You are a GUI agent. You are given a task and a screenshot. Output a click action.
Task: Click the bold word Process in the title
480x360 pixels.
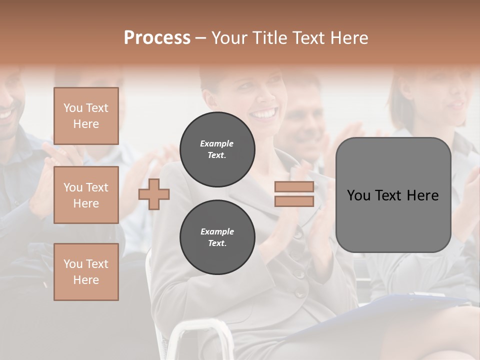pyautogui.click(x=157, y=37)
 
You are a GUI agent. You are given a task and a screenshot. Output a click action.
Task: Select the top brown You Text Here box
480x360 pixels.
pyautogui.click(x=86, y=116)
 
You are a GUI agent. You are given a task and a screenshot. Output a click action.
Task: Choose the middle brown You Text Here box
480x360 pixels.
pyautogui.click(x=86, y=195)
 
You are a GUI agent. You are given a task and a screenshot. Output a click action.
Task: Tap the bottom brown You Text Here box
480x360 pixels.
pyautogui.click(x=86, y=272)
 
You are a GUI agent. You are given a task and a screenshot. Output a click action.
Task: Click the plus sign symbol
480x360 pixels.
pyautogui.click(x=154, y=194)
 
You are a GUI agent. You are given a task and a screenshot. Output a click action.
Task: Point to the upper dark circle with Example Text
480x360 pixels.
pyautogui.click(x=217, y=149)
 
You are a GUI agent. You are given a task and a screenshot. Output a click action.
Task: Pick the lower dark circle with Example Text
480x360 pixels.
pyautogui.click(x=217, y=237)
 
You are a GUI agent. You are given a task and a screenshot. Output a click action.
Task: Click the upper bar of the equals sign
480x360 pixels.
pyautogui.click(x=294, y=187)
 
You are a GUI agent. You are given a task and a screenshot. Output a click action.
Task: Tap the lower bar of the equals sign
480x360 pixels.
pyautogui.click(x=294, y=201)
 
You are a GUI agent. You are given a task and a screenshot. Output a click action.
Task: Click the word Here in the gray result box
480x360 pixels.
pyautogui.click(x=422, y=195)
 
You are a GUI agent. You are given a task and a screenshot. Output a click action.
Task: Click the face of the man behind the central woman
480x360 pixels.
pyautogui.click(x=305, y=120)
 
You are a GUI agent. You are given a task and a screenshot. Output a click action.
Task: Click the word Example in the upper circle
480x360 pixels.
pyautogui.click(x=216, y=143)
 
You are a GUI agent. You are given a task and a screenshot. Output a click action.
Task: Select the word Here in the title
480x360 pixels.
pyautogui.click(x=348, y=37)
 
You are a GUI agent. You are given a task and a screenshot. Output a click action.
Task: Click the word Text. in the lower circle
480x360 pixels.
pyautogui.click(x=217, y=243)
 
